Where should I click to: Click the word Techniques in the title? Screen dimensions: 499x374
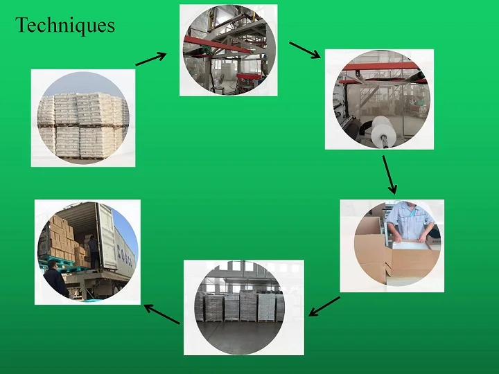click(x=65, y=26)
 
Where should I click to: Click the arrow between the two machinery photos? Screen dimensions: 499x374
click(x=304, y=51)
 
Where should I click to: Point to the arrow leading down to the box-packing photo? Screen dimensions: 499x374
click(x=389, y=175)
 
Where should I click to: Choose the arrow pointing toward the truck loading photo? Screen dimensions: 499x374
click(x=161, y=314)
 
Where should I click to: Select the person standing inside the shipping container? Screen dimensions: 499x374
click(x=93, y=250)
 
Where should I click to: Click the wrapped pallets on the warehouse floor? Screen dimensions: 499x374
click(x=243, y=305)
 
